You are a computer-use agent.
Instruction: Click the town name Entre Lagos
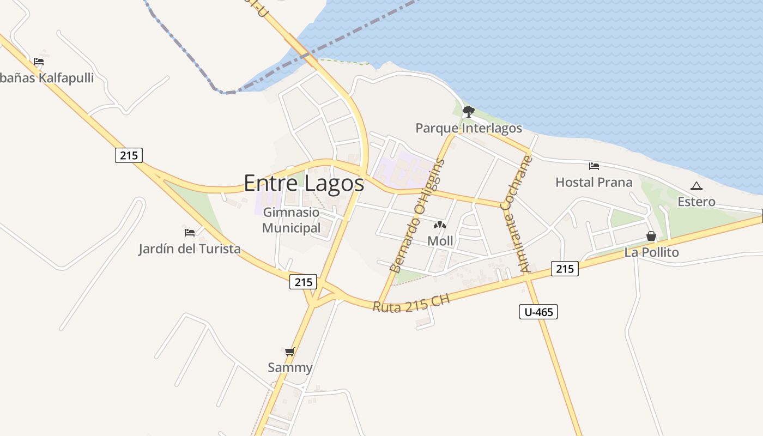click(x=304, y=183)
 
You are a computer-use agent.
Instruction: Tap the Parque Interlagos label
click(x=469, y=129)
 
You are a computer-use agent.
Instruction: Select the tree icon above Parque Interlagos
click(x=468, y=112)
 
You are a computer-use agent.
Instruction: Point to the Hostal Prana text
click(x=594, y=182)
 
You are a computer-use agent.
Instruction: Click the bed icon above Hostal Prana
click(x=594, y=166)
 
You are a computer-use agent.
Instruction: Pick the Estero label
click(x=696, y=202)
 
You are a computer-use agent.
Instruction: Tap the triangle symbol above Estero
click(x=696, y=186)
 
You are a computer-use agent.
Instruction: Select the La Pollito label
click(x=651, y=252)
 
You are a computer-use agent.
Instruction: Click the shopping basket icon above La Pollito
click(x=651, y=236)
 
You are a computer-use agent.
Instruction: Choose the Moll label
click(x=440, y=241)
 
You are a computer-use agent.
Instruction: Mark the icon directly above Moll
click(x=440, y=225)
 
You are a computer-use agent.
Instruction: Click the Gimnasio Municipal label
click(x=292, y=220)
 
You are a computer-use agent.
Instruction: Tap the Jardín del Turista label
click(x=189, y=249)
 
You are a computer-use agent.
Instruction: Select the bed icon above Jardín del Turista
click(x=190, y=233)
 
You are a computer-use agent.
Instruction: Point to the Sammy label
click(x=290, y=368)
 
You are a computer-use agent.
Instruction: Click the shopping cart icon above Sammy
click(x=290, y=352)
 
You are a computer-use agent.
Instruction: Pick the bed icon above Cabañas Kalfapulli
click(x=38, y=62)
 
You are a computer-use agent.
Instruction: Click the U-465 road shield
click(x=538, y=312)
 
